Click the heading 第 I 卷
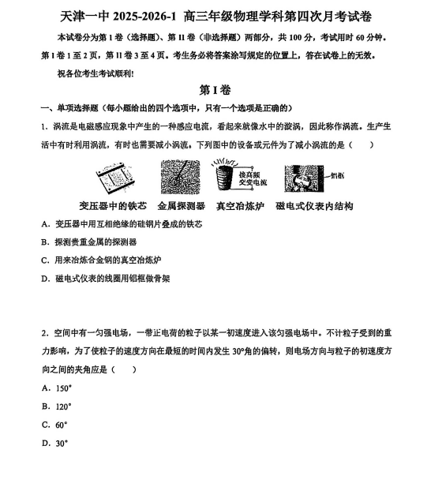220,91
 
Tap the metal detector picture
181,177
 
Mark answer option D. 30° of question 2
54,443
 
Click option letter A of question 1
44,224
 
